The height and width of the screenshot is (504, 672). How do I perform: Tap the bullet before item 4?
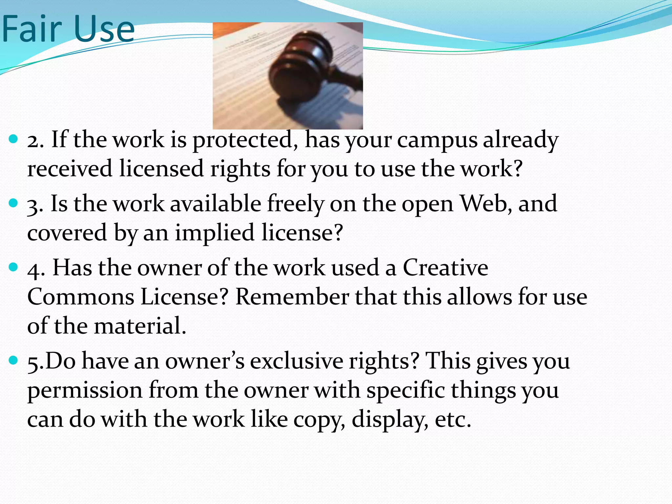pyautogui.click(x=13, y=267)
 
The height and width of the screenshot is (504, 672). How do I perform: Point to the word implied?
pyautogui.click(x=215, y=233)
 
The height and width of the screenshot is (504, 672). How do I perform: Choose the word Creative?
pyautogui.click(x=445, y=267)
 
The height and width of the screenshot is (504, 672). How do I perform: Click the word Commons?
pyautogui.click(x=81, y=297)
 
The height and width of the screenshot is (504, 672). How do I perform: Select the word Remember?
pyautogui.click(x=292, y=297)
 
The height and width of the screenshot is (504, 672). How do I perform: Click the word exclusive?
pyautogui.click(x=296, y=361)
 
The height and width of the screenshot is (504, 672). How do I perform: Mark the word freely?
pyautogui.click(x=296, y=204)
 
